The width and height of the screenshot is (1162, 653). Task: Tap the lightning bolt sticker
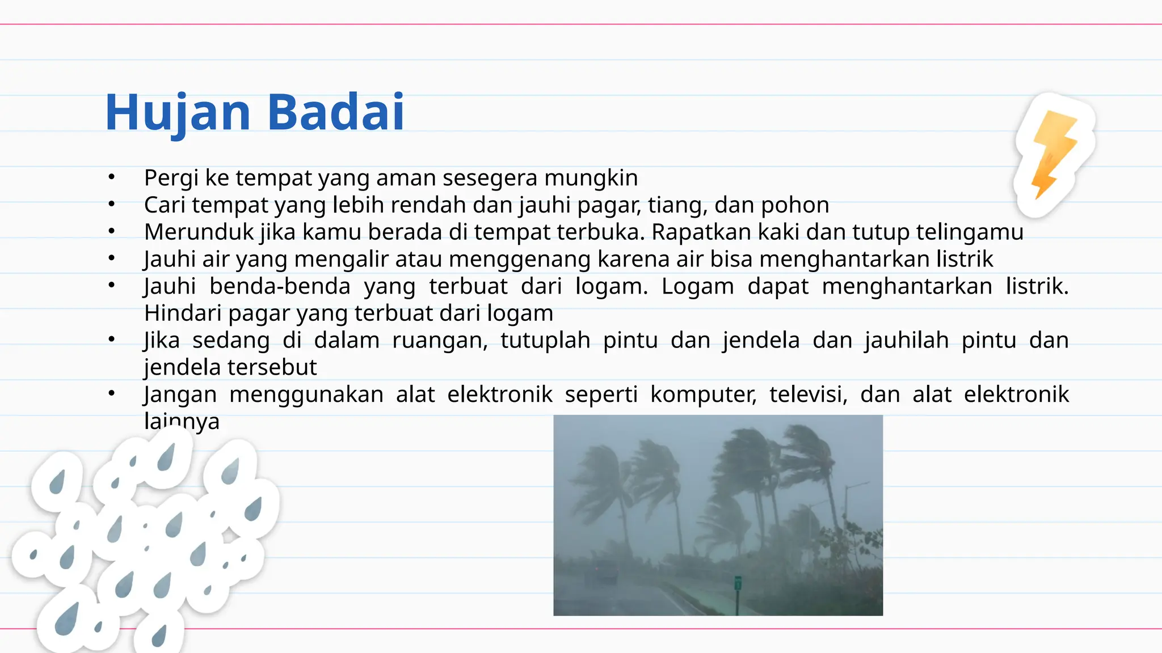click(x=1054, y=154)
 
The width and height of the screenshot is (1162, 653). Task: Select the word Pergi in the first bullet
click(x=171, y=178)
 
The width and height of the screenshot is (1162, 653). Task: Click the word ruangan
click(x=440, y=341)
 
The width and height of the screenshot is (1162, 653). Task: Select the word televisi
click(x=808, y=395)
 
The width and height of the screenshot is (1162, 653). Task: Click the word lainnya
click(x=182, y=421)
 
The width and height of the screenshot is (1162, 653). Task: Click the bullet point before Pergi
click(x=112, y=177)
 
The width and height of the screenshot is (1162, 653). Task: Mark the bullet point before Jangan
click(x=112, y=393)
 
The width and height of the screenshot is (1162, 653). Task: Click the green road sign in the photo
click(x=738, y=582)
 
